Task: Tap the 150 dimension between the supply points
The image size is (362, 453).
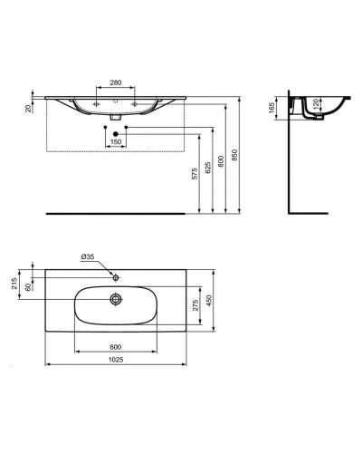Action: click(x=116, y=141)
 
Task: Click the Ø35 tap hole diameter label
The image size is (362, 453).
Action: click(x=88, y=257)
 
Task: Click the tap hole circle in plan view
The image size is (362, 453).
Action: click(x=115, y=275)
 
